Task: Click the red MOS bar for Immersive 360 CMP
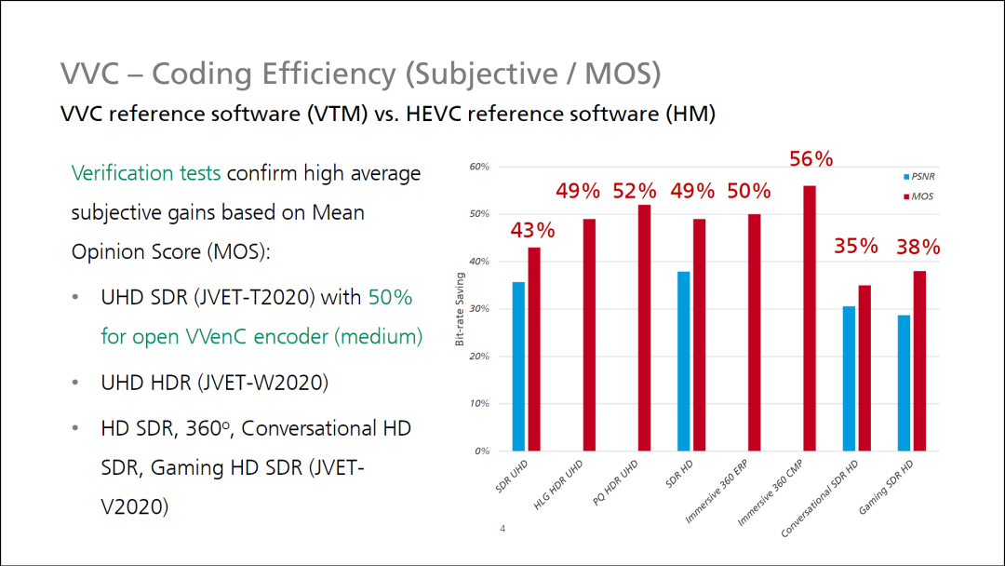pos(810,318)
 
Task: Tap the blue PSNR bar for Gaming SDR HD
pos(904,383)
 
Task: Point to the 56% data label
pos(811,159)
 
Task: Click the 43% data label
pos(532,229)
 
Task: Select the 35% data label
pos(856,247)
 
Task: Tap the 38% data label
pos(918,248)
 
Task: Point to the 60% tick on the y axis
pos(478,168)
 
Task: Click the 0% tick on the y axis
pos(481,451)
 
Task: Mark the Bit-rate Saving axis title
pos(459,309)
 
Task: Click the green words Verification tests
pos(146,173)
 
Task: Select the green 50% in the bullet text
pos(390,298)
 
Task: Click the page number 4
pos(502,530)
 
